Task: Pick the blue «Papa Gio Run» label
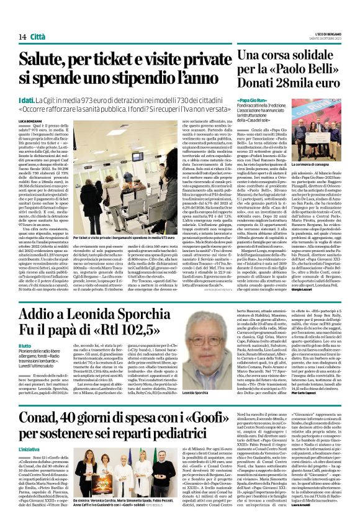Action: point(250,99)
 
